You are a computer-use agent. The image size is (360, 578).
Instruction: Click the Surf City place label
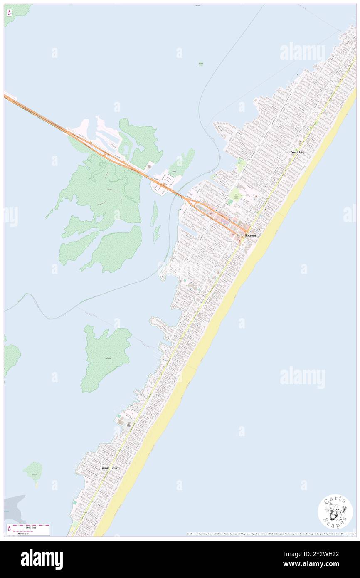pyautogui.click(x=298, y=152)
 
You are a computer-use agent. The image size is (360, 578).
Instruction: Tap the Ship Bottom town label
pyautogui.click(x=246, y=235)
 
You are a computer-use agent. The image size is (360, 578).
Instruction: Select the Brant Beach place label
pyautogui.click(x=110, y=468)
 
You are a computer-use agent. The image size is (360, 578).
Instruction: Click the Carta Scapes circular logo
pyautogui.click(x=335, y=511)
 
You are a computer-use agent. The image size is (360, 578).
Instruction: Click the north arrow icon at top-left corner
pyautogui.click(x=9, y=12)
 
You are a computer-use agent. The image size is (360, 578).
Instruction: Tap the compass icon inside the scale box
pyautogui.click(x=9, y=529)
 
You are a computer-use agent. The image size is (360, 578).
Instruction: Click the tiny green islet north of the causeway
pyautogui.click(x=201, y=64)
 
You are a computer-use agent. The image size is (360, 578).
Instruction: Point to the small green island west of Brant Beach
pyautogui.click(x=33, y=472)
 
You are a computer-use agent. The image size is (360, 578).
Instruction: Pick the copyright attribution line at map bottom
pyautogui.click(x=270, y=534)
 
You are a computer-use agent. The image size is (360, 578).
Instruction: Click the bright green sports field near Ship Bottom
pyautogui.click(x=237, y=194)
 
